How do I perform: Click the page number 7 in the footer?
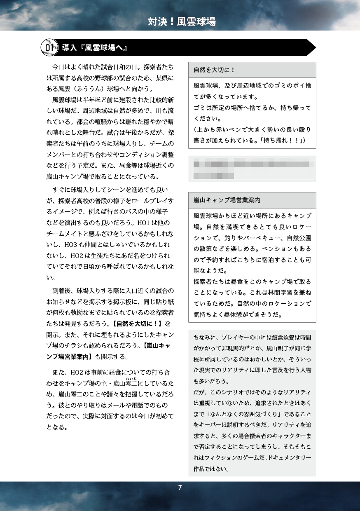point(180,488)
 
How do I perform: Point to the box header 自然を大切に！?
point(214,70)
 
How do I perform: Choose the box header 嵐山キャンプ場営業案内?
point(227,200)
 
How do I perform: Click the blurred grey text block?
point(252,169)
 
